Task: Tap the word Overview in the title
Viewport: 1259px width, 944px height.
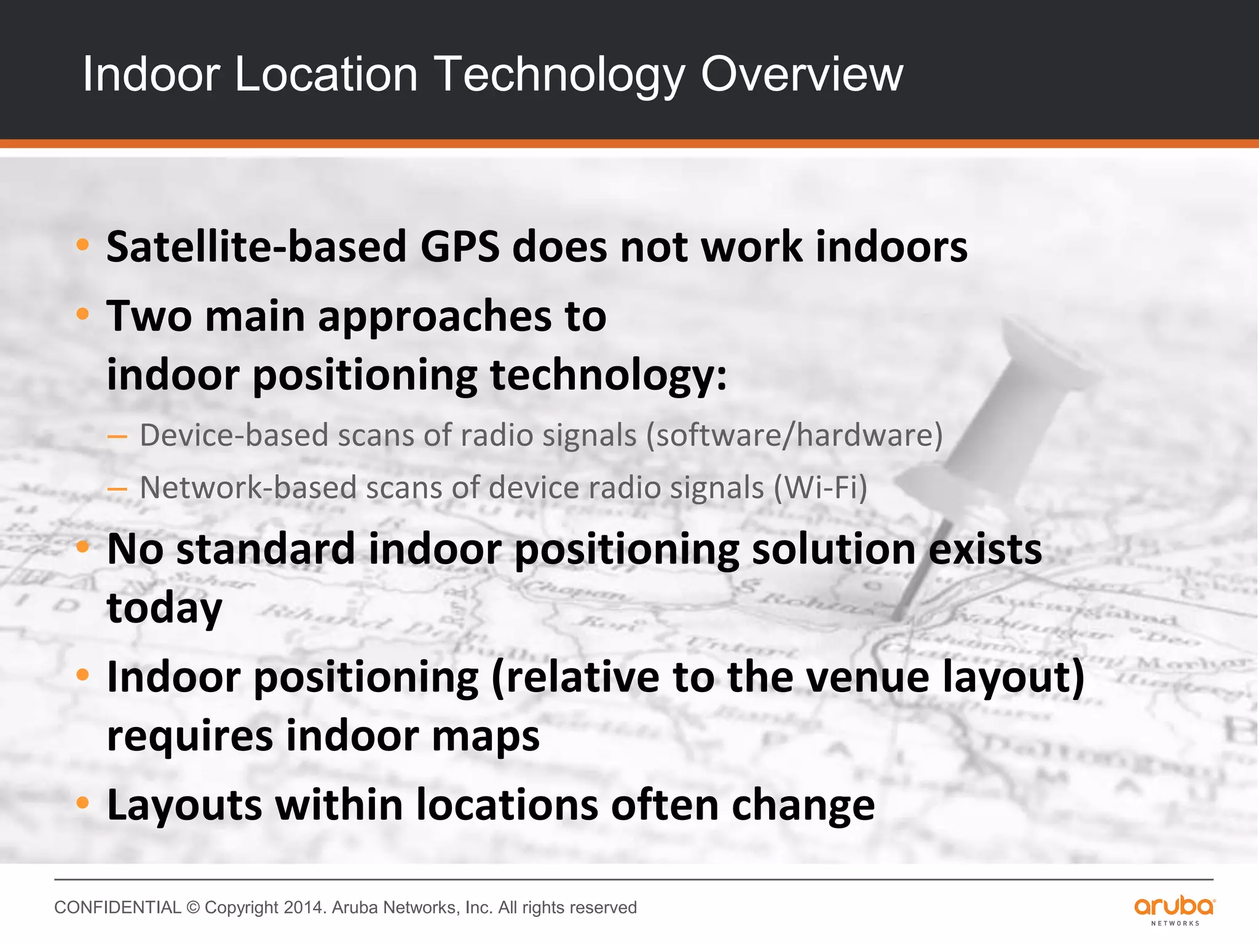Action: (802, 75)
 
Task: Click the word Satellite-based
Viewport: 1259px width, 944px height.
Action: (256, 247)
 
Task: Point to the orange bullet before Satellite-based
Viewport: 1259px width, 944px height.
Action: (83, 246)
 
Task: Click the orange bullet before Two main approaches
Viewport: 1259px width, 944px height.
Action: (83, 315)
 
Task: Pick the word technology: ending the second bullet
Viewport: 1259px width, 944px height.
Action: (608, 376)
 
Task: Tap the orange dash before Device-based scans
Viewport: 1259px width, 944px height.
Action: (117, 437)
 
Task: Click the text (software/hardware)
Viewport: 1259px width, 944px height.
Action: (794, 436)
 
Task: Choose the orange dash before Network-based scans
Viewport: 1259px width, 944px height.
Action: (117, 490)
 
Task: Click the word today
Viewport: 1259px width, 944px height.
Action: (164, 608)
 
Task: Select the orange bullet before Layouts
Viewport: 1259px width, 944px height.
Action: (83, 803)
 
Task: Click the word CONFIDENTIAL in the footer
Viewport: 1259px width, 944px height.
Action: (117, 908)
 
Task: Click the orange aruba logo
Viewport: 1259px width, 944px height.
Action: (1174, 907)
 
